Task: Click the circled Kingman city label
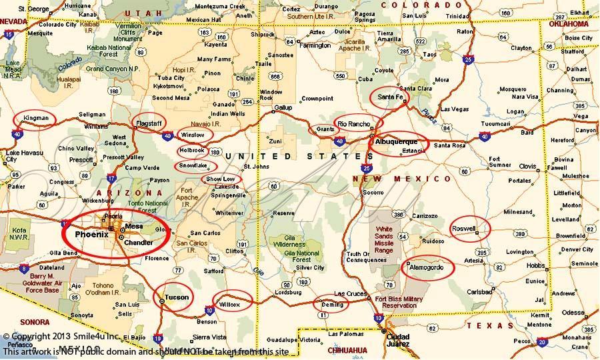pyautogui.click(x=35, y=119)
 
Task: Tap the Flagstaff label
pyautogui.click(x=149, y=124)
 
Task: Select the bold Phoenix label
pyautogui.click(x=91, y=234)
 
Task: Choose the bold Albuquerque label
pyautogui.click(x=397, y=142)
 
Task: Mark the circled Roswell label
pyautogui.click(x=465, y=228)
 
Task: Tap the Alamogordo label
pyautogui.click(x=427, y=267)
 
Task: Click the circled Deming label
pyautogui.click(x=331, y=303)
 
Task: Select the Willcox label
pyautogui.click(x=229, y=303)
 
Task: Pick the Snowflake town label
pyautogui.click(x=193, y=165)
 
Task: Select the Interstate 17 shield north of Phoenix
pyautogui.click(x=111, y=178)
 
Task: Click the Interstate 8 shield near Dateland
pyautogui.click(x=25, y=269)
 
